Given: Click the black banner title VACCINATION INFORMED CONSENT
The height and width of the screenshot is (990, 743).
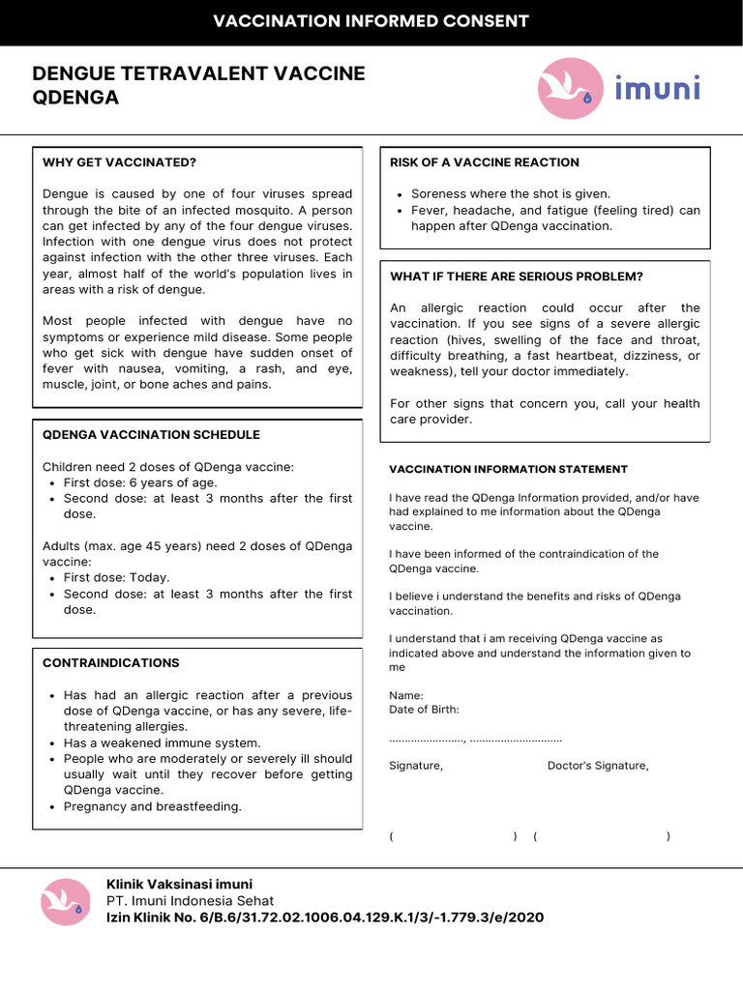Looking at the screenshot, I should pyautogui.click(x=371, y=21).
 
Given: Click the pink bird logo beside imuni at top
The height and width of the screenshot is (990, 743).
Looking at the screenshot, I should pyautogui.click(x=568, y=89).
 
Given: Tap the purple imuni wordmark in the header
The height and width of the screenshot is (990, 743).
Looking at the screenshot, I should pyautogui.click(x=657, y=90).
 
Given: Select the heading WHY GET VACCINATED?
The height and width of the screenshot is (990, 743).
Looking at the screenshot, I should pyautogui.click(x=119, y=162).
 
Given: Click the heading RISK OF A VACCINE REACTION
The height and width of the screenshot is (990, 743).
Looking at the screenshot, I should pyautogui.click(x=484, y=162).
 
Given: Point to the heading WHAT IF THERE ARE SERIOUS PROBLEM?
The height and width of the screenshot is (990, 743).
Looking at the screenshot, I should pyautogui.click(x=516, y=277).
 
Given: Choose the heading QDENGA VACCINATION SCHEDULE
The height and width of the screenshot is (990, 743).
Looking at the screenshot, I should pyautogui.click(x=151, y=435).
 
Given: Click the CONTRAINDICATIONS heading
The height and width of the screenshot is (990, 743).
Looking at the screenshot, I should pyautogui.click(x=111, y=663).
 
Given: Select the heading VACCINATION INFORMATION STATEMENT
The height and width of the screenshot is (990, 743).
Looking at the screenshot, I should pyautogui.click(x=508, y=469).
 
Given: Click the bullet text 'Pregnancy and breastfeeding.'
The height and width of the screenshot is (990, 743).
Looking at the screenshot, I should pyautogui.click(x=153, y=806).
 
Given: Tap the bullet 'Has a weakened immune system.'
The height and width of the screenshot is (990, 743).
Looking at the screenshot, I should pyautogui.click(x=162, y=742).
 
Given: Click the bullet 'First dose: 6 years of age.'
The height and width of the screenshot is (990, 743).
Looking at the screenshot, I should pyautogui.click(x=140, y=482).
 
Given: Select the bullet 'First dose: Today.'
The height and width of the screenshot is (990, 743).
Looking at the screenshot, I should pyautogui.click(x=116, y=577).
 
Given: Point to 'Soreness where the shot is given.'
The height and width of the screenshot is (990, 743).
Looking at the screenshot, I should pyautogui.click(x=511, y=193).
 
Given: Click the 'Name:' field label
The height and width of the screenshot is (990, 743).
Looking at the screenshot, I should pyautogui.click(x=405, y=695).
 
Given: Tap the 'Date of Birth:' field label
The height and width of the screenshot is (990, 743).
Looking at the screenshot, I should pyautogui.click(x=424, y=710).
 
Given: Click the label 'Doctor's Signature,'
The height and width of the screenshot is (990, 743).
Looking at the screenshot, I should pyautogui.click(x=598, y=766).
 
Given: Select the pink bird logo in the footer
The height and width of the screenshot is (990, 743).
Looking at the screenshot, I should pyautogui.click(x=66, y=902).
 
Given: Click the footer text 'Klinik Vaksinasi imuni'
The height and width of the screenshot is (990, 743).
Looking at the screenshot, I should pyautogui.click(x=179, y=884).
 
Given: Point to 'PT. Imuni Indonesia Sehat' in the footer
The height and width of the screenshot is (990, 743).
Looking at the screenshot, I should pyautogui.click(x=191, y=900).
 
